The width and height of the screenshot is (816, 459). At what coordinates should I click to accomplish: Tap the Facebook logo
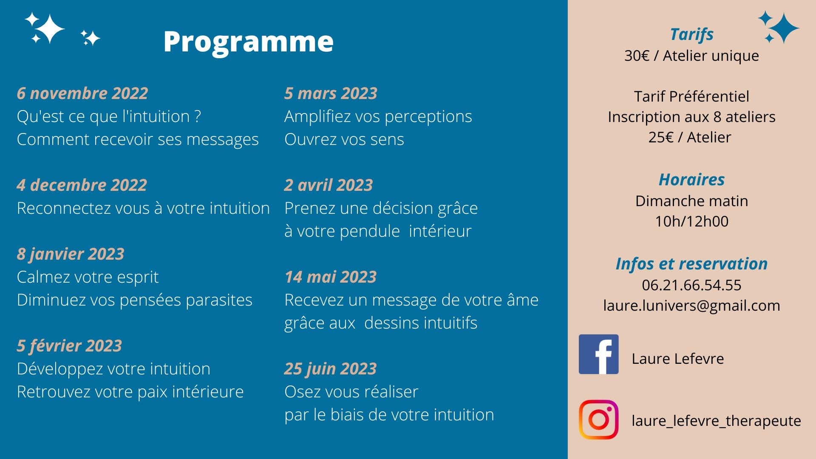point(598,354)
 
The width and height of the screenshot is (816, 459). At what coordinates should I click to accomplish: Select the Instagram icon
point(598,419)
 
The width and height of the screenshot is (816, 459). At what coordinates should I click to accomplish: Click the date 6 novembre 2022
point(82,93)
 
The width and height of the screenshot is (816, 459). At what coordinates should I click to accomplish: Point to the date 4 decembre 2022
point(82,185)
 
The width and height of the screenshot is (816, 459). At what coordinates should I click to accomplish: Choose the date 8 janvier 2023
point(71,254)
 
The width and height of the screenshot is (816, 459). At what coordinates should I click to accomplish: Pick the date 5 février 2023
point(69,346)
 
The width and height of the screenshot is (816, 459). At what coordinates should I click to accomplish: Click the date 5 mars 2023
point(331,93)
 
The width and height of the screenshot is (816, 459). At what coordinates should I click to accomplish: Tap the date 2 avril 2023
point(329,185)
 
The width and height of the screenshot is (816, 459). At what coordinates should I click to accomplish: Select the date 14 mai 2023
point(331,277)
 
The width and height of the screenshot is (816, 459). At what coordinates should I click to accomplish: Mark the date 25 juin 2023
point(330,369)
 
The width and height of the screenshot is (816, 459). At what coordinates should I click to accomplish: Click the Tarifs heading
point(691,34)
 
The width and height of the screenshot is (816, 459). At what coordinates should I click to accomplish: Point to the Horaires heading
point(691,179)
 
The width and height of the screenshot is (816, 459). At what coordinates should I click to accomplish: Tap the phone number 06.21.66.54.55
point(691,285)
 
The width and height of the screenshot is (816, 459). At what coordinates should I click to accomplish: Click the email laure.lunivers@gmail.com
point(691,306)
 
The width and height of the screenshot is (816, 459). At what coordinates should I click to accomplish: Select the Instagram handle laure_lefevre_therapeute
point(716,421)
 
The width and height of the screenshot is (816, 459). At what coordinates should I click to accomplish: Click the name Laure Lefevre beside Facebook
point(677,359)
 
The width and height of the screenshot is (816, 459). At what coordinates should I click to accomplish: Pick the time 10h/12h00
point(691,221)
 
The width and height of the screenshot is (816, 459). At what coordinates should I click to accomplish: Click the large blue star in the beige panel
point(784,28)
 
